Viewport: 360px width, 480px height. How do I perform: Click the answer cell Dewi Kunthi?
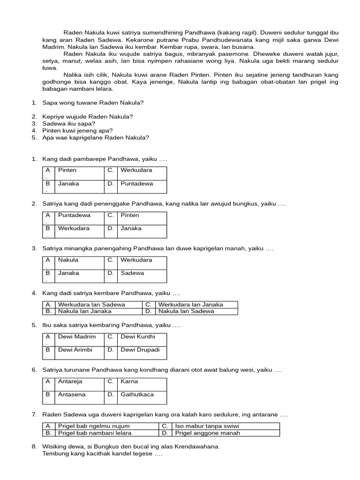[138, 337]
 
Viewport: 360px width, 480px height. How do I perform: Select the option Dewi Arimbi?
[75, 350]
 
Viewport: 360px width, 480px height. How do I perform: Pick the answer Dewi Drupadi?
[140, 350]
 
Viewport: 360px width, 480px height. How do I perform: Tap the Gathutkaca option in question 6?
[137, 394]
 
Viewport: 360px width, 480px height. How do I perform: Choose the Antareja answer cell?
[70, 381]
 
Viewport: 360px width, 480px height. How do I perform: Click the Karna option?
[129, 381]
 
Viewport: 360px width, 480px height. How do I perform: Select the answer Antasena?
[72, 394]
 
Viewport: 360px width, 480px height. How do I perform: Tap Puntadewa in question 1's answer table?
[137, 184]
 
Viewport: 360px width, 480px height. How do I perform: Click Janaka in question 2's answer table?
[131, 228]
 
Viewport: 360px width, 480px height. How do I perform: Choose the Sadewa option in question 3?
[132, 273]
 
